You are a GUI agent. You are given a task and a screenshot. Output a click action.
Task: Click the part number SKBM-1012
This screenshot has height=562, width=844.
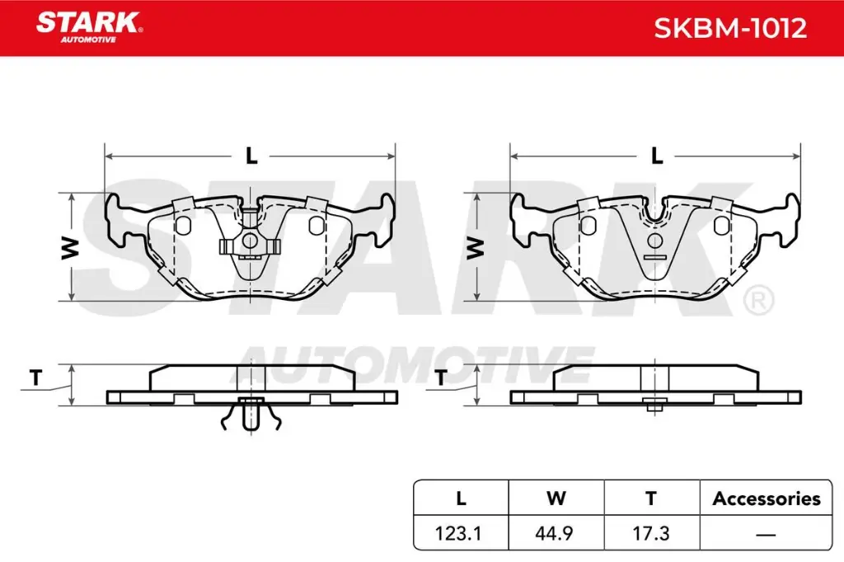729,29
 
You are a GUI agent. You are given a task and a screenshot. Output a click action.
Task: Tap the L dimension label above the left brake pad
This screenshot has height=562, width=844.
251,155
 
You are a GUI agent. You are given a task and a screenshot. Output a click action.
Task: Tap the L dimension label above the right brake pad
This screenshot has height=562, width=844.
656,155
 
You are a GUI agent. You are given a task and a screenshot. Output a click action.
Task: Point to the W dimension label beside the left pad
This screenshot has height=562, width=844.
71,247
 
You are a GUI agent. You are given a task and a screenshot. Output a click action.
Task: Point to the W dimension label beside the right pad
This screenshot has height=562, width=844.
475,247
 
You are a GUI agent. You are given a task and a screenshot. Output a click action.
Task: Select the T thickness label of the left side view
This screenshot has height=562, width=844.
35,378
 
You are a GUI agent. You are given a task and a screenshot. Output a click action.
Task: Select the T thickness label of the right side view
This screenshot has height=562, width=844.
441,378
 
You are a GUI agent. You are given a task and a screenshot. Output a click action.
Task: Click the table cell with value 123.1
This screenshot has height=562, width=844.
461,533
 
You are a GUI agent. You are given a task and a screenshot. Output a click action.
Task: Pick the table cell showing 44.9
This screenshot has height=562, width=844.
556,533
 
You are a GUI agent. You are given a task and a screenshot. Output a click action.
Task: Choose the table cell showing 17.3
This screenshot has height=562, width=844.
651,533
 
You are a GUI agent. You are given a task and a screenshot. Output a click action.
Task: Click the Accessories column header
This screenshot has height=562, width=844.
766,499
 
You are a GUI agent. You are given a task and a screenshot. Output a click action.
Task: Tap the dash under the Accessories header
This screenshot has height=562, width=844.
766,534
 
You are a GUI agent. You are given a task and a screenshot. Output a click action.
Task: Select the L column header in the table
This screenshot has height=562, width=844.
461,499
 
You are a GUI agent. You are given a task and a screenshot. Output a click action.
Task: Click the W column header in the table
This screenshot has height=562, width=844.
556,499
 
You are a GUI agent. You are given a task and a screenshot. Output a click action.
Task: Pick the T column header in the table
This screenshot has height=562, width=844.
651,499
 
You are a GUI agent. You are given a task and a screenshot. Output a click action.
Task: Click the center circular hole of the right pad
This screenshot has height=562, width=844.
655,241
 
